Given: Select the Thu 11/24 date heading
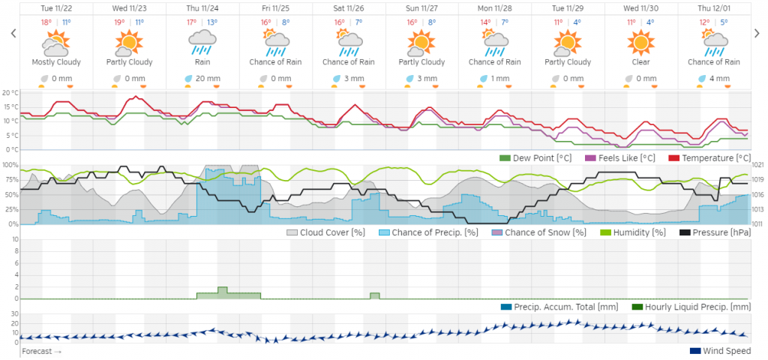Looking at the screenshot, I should tap(202, 7).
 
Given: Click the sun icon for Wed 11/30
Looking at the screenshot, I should tap(641, 43).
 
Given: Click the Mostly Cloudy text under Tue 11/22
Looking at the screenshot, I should tap(56, 62).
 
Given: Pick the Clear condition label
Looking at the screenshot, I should tap(641, 62).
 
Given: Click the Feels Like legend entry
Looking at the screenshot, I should tap(619, 158).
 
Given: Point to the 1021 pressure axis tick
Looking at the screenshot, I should tap(757, 165).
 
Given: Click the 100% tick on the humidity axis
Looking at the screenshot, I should tap(10, 164).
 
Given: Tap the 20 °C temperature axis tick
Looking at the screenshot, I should tap(10, 93).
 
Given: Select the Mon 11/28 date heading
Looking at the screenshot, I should tap(495, 7).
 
